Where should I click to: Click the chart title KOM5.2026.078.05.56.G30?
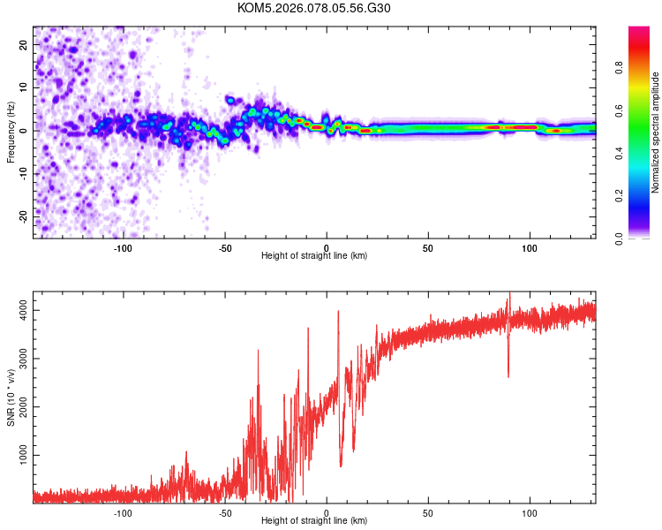[314, 8]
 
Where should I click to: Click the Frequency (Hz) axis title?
[11, 130]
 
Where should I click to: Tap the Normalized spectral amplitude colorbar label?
[656, 132]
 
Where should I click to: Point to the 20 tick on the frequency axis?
[23, 44]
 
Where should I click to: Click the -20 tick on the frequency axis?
[21, 216]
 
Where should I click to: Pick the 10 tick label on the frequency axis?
[23, 87]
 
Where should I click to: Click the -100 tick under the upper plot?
[123, 247]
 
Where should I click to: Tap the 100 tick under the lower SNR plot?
[530, 512]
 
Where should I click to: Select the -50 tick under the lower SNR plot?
[225, 512]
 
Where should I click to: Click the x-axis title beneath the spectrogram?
[314, 256]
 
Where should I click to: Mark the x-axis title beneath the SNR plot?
[314, 521]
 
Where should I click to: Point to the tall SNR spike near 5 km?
[337, 314]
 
